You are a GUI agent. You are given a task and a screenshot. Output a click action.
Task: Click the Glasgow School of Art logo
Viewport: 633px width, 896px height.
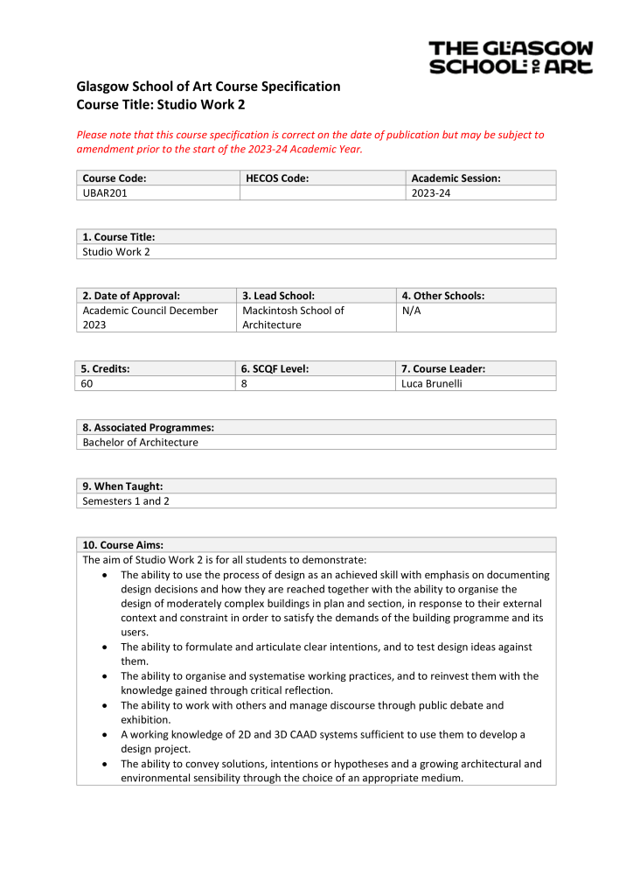coord(511,57)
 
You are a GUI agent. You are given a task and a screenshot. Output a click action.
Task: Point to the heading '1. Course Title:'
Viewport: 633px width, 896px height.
coord(119,237)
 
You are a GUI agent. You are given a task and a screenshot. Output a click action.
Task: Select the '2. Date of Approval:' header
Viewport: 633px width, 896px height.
coord(131,296)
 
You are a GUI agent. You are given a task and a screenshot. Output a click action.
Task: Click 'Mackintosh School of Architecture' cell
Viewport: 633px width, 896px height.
coord(293,318)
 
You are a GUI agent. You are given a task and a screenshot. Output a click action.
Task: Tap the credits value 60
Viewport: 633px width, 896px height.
coord(88,383)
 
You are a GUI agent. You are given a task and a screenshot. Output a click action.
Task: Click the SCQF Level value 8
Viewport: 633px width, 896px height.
coord(245,383)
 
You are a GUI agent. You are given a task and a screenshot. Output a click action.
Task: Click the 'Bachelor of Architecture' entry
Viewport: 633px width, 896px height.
coord(140,443)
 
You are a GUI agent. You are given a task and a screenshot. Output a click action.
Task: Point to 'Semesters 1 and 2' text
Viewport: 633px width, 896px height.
coord(127,501)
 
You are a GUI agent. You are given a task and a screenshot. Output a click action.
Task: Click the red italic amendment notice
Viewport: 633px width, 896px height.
coord(310,142)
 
